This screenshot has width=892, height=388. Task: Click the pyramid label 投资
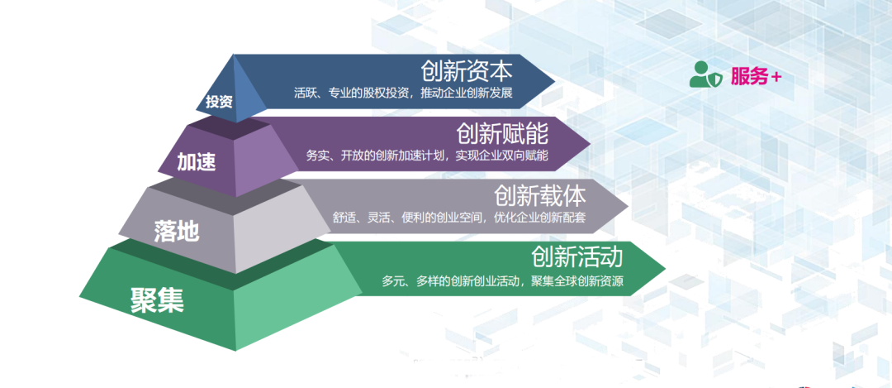coord(219,102)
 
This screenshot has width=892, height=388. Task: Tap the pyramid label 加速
coord(197,162)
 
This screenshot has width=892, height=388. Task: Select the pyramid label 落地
coord(177,230)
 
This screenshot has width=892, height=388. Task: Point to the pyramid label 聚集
coord(158,299)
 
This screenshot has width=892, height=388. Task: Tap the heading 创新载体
coord(540,195)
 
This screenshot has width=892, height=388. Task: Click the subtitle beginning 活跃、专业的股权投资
coord(404,93)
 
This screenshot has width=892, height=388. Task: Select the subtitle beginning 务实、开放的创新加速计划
coord(427,155)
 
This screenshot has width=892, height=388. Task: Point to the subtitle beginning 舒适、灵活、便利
coord(460,217)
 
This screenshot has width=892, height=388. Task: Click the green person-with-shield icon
coord(706,74)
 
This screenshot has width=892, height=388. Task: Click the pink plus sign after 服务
coord(776,78)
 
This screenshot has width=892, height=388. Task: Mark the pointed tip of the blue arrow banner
coord(555,81)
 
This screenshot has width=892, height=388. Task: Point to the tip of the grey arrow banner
coord(629,206)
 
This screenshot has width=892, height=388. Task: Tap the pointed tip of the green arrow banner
coord(666,267)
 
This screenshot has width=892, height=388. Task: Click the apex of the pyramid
coord(233,54)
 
